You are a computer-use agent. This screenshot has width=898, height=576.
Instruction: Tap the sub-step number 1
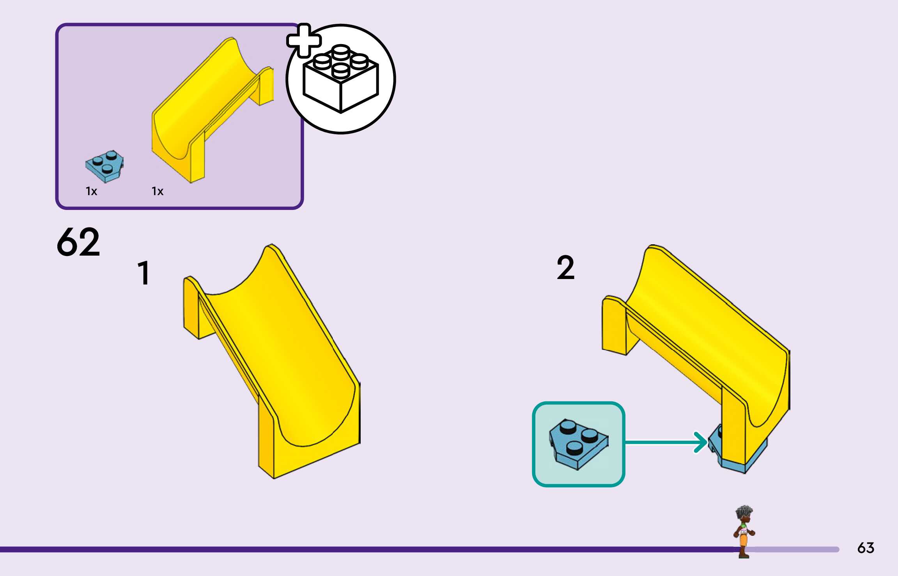(144, 273)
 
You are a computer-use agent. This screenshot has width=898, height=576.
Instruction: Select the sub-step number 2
(566, 268)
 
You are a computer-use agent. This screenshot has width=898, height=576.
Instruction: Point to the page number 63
(866, 548)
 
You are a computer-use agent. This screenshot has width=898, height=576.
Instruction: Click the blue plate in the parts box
(105, 166)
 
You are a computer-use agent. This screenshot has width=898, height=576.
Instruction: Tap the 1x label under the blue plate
(91, 191)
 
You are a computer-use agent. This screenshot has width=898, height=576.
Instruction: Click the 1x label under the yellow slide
(158, 191)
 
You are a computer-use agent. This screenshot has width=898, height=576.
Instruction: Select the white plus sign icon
(304, 41)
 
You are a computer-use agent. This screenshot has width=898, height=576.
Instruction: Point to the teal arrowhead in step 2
(701, 442)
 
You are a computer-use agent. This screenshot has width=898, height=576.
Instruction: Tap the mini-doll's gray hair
(744, 511)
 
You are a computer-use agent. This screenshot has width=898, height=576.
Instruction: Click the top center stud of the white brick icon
(341, 52)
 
